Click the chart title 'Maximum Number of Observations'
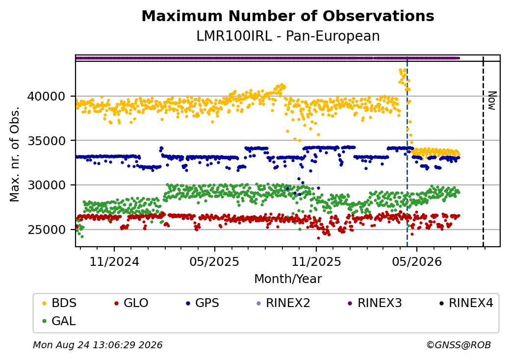pos(288,16)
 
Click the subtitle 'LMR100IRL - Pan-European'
pos(288,36)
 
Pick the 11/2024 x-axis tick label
pos(114,262)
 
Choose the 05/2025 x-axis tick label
pos(214,262)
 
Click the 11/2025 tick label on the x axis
pos(316,262)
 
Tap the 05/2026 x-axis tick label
pos(417,262)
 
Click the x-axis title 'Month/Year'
pos(288,279)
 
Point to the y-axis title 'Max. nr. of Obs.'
pos(15,154)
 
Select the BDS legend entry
pos(59,303)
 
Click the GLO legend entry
pos(131,303)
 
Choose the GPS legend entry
pos(203,303)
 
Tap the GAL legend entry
pos(59,321)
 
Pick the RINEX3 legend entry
pos(375,303)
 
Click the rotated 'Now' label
pos(492,101)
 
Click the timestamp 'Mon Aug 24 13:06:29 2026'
pos(98,345)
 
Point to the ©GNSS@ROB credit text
pos(459,345)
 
